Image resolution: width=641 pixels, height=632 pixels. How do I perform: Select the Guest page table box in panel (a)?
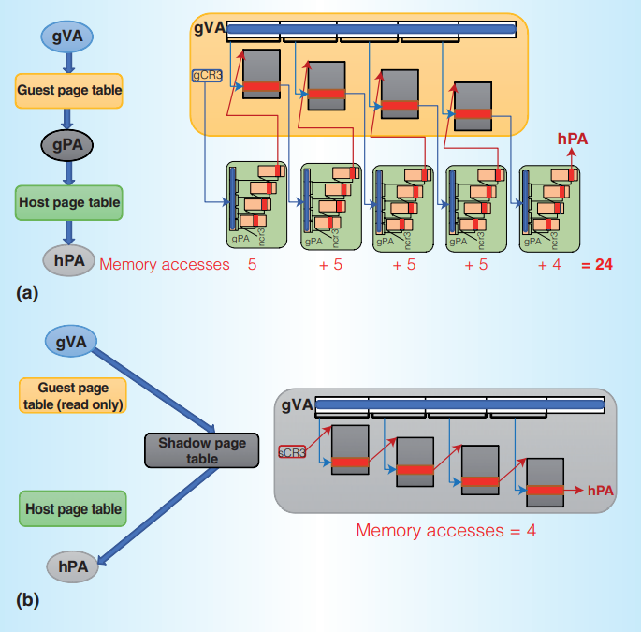(69, 91)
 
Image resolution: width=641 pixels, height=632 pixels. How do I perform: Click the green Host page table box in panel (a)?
(69, 201)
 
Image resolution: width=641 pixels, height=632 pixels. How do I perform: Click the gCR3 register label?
(206, 72)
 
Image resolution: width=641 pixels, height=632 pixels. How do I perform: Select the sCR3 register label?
(293, 452)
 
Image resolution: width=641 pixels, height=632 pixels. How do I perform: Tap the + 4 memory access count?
(549, 265)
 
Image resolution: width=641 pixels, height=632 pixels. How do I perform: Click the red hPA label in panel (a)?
(573, 139)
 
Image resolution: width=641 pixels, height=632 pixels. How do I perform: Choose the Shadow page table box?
(188, 450)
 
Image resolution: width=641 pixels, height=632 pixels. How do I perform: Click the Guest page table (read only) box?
(72, 396)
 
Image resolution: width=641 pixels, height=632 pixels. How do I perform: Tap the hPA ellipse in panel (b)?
(72, 566)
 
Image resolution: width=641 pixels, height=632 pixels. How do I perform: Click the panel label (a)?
(27, 293)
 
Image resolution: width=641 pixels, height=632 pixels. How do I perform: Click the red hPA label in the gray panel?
(600, 490)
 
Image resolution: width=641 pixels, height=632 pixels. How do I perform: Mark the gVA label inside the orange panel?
(209, 28)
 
